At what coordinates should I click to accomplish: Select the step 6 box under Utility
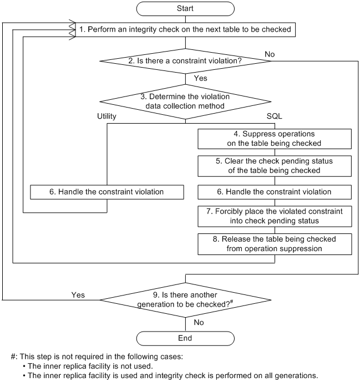pos(107,191)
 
